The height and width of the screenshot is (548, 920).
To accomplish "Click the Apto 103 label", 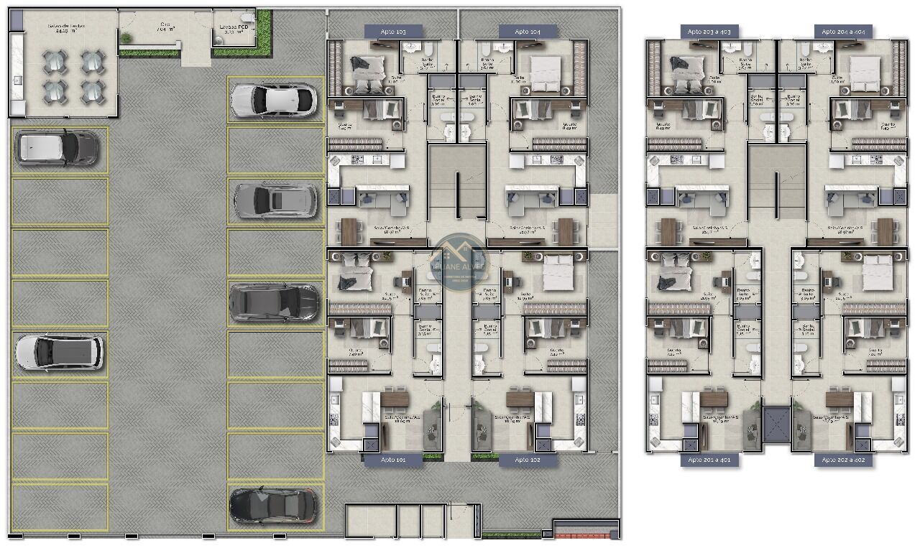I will click(x=392, y=32).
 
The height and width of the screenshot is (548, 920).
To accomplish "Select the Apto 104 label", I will click(x=528, y=32).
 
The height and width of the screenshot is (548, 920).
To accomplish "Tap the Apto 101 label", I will click(x=392, y=460).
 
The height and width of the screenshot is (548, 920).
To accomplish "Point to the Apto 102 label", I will click(x=528, y=460).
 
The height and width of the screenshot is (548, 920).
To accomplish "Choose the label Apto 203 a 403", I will click(x=709, y=32).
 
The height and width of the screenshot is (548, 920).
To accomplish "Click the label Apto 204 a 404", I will click(x=843, y=32).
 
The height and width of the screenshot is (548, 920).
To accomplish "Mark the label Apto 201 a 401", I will click(x=709, y=460).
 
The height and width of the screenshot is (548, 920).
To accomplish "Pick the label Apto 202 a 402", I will click(x=843, y=460).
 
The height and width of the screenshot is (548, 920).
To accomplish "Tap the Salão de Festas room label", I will click(x=66, y=28).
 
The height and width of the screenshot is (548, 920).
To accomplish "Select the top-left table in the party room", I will click(x=55, y=62).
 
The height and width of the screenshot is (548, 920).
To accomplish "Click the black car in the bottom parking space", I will click(x=272, y=506).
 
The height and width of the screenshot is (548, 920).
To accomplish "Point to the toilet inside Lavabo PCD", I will click(x=247, y=18).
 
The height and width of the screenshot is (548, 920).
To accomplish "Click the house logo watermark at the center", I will click(x=458, y=259).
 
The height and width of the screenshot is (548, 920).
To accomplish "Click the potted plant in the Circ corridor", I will click(x=126, y=38).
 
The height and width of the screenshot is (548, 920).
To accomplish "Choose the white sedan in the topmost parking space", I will click(x=274, y=100).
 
